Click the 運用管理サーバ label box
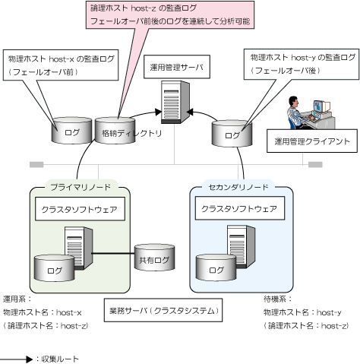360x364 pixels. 177,67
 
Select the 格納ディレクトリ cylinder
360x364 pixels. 115,131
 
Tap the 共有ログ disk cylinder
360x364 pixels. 154,258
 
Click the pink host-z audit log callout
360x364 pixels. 170,14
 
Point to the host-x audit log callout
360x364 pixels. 61,65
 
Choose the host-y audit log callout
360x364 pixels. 302,65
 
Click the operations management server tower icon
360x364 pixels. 175,102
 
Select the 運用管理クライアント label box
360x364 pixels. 312,141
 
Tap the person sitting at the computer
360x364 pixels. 298,112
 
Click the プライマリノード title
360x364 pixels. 81,187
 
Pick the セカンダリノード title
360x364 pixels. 238,187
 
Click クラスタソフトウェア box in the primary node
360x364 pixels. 80,209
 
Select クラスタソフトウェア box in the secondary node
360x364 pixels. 240,208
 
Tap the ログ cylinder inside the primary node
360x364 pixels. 54,268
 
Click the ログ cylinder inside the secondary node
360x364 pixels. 216,267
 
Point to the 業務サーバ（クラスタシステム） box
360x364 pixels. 163,310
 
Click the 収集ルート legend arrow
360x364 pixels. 17,359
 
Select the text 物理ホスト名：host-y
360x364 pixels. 302,312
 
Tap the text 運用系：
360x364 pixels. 17,299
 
